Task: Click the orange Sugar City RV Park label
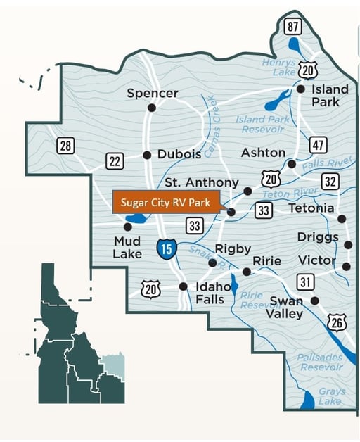pos(166,202)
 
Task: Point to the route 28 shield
pos(65,146)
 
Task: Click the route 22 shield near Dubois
pos(115,161)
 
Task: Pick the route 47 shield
pos(318,145)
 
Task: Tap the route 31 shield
pos(304,282)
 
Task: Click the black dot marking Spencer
pos(151,108)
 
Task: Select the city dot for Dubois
pos(147,155)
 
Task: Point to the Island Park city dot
pos(300,89)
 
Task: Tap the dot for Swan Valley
pos(315,301)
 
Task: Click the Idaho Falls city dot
pos(183,286)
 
